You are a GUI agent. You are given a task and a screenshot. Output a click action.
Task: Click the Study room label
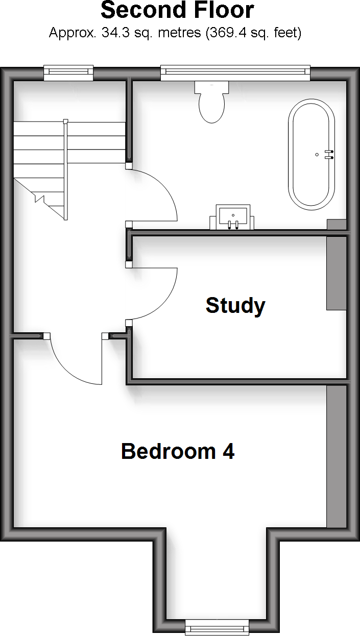[235, 305]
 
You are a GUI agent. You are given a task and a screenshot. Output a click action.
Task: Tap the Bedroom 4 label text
[177, 451]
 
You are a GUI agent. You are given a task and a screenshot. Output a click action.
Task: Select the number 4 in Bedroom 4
[228, 451]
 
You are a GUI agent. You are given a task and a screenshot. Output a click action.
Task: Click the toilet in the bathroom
[211, 106]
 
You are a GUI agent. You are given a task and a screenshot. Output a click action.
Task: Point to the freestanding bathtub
[311, 154]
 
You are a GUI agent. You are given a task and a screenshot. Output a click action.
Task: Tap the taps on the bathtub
[329, 154]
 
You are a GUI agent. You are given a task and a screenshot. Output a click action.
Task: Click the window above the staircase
[68, 72]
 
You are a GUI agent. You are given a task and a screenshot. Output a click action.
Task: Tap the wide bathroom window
[235, 72]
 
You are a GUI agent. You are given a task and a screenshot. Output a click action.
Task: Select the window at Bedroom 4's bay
[217, 626]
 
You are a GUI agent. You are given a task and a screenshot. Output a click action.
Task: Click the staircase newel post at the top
[65, 121]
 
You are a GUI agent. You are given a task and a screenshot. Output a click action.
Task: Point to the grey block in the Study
[337, 273]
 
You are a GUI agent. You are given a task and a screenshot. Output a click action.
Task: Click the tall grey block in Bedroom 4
[337, 456]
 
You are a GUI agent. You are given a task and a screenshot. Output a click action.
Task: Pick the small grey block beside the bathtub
[337, 224]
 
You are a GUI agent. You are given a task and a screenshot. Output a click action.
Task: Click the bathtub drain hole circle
[317, 154]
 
